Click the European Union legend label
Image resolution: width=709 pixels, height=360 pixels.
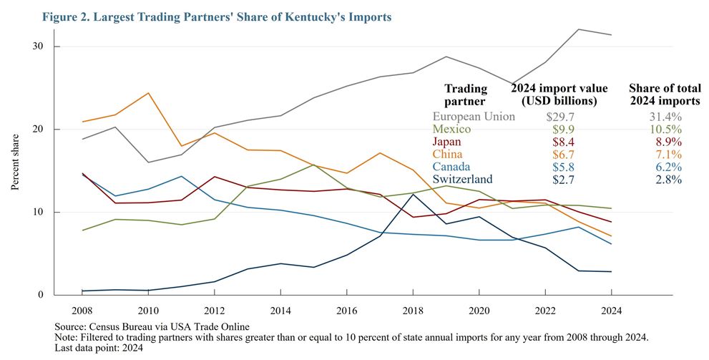point(474,116)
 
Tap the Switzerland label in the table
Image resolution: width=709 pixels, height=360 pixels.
point(463,180)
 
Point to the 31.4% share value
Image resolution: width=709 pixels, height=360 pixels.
point(665,116)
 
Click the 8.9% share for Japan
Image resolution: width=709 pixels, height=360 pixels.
point(668,142)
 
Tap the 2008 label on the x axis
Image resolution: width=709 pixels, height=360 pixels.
point(82,312)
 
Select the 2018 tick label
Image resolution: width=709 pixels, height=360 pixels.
point(413,312)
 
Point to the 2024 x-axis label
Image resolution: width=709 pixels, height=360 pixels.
point(611,312)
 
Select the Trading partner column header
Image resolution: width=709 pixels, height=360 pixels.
point(466,94)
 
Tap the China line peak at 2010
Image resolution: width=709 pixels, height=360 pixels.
point(149,93)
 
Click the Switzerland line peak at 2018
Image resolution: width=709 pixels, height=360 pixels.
point(413,195)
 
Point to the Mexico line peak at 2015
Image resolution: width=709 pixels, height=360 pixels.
point(314,165)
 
